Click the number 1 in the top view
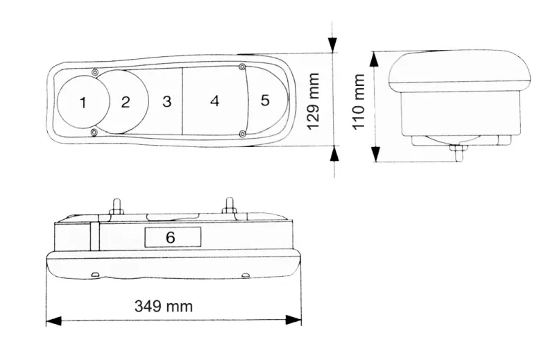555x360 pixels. pyautogui.click(x=83, y=103)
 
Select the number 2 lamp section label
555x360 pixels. pyautogui.click(x=125, y=103)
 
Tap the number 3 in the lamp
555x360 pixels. pyautogui.click(x=166, y=102)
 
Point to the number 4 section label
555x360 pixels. pyautogui.click(x=214, y=101)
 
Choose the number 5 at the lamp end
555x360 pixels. pyautogui.click(x=265, y=101)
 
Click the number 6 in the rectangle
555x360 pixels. pyautogui.click(x=171, y=237)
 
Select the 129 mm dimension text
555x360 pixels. pyautogui.click(x=314, y=101)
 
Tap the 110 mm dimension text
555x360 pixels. pyautogui.click(x=359, y=103)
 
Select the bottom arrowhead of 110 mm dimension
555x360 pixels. pyautogui.click(x=375, y=155)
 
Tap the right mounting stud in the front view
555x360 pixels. pyautogui.click(x=229, y=207)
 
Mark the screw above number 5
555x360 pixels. pyautogui.click(x=242, y=67)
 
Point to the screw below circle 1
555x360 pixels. pyautogui.click(x=95, y=132)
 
